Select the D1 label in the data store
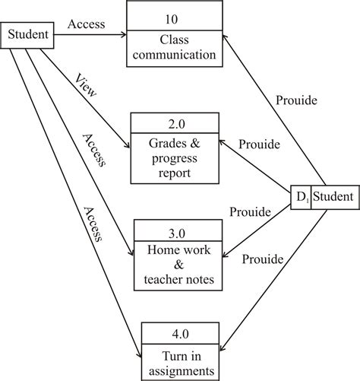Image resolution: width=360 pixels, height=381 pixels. pyautogui.click(x=302, y=198)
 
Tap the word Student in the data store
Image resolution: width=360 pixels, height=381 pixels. pyautogui.click(x=333, y=198)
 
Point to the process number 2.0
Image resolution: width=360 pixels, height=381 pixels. pyautogui.click(x=176, y=122)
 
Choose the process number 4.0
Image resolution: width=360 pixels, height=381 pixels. pyautogui.click(x=185, y=332)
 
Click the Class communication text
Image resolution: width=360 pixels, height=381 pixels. pyautogui.click(x=176, y=47)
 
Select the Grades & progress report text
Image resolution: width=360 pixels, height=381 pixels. pyautogui.click(x=176, y=158)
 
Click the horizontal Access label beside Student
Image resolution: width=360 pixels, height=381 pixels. pyautogui.click(x=87, y=25)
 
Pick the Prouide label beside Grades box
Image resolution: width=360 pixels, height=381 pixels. pyautogui.click(x=259, y=144)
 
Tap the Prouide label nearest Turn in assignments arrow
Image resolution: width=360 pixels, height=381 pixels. pyautogui.click(x=263, y=260)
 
